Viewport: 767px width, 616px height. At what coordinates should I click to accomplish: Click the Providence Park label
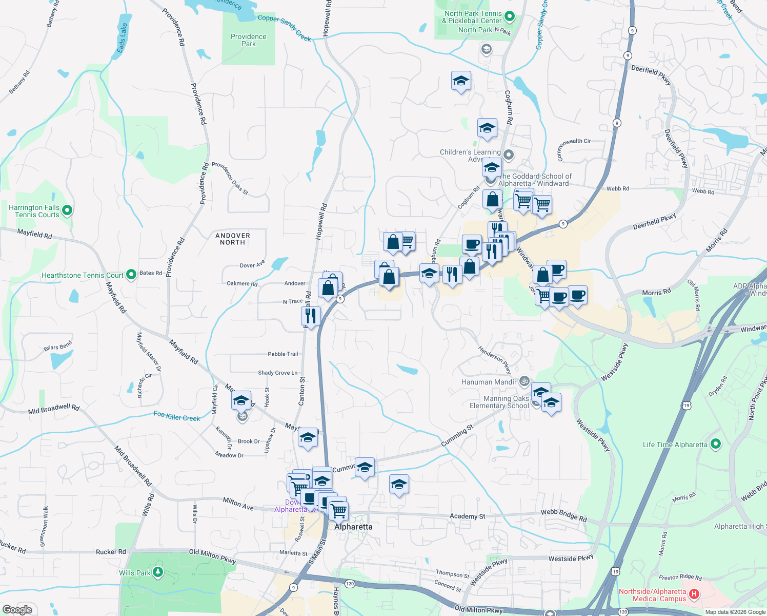pyautogui.click(x=249, y=40)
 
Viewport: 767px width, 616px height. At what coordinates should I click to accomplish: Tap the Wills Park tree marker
pyautogui.click(x=158, y=572)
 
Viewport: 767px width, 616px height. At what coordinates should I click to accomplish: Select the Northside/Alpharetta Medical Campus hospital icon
pyautogui.click(x=694, y=594)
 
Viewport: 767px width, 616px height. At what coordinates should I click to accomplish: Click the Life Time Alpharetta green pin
pyautogui.click(x=716, y=444)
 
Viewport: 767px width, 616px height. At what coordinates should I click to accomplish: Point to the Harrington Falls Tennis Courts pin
pyautogui.click(x=67, y=210)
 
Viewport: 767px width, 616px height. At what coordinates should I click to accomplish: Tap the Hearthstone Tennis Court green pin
pyautogui.click(x=131, y=275)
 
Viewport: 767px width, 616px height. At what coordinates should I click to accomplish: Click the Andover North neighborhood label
pyautogui.click(x=233, y=239)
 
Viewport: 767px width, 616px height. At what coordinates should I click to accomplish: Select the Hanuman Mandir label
pyautogui.click(x=489, y=382)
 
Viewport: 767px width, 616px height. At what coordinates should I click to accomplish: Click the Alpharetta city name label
pyautogui.click(x=353, y=527)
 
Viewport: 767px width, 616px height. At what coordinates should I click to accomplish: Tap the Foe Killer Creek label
pyautogui.click(x=177, y=416)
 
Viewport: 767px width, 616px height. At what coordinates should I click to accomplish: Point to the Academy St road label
pyautogui.click(x=467, y=516)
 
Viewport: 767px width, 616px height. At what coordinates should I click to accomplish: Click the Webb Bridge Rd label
pyautogui.click(x=563, y=515)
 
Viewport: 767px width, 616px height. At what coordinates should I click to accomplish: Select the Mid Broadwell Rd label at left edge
pyautogui.click(x=54, y=409)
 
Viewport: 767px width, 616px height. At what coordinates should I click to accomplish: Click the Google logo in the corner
pyautogui.click(x=17, y=609)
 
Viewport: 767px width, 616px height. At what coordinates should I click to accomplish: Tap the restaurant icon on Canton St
pyautogui.click(x=311, y=316)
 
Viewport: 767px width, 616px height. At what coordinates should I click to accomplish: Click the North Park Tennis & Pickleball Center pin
pyautogui.click(x=510, y=17)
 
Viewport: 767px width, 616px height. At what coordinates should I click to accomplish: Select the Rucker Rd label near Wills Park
pyautogui.click(x=111, y=552)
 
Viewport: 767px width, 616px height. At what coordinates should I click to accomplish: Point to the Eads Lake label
pyautogui.click(x=122, y=38)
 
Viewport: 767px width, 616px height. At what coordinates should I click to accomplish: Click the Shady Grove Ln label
pyautogui.click(x=277, y=373)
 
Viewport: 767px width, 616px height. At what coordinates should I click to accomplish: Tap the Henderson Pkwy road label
pyautogui.click(x=495, y=359)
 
